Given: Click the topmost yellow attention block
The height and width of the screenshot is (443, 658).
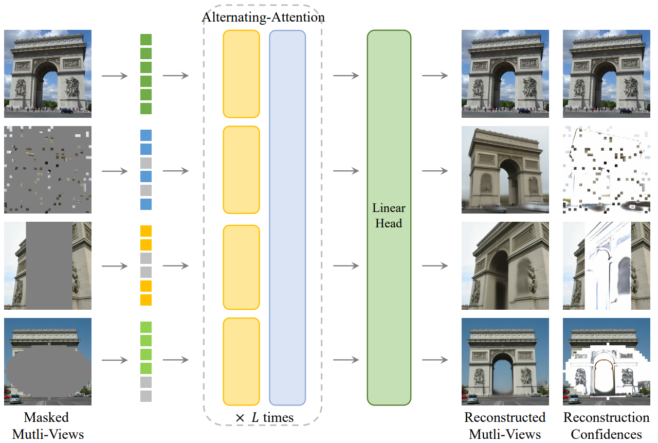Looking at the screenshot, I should (x=241, y=74).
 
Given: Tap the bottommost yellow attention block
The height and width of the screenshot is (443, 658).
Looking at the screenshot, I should (x=241, y=361).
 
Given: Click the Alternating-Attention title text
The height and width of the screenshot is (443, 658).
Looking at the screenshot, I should (x=263, y=17).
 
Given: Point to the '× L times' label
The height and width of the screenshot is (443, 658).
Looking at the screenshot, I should (x=264, y=417).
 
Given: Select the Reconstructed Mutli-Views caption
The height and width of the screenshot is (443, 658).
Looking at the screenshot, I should (x=505, y=426).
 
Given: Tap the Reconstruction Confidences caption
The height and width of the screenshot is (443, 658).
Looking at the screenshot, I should (x=607, y=426).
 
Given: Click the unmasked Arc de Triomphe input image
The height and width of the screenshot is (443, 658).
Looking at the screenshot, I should (x=48, y=74).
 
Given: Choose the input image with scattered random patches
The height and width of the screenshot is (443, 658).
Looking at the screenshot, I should (x=48, y=170).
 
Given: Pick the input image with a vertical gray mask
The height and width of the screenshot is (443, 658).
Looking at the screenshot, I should (x=48, y=265).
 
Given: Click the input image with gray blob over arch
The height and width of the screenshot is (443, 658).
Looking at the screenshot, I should (x=48, y=361).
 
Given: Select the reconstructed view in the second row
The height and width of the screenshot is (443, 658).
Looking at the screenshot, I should (x=505, y=170).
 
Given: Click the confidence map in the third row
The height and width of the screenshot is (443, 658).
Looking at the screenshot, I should (x=607, y=265).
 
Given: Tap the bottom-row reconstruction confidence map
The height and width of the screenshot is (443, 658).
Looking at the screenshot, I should (x=607, y=361).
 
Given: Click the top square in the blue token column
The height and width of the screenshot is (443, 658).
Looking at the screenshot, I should (x=146, y=135).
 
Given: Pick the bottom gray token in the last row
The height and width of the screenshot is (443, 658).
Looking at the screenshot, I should (x=146, y=396).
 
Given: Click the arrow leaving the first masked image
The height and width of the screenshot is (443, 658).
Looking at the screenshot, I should (x=115, y=76).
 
